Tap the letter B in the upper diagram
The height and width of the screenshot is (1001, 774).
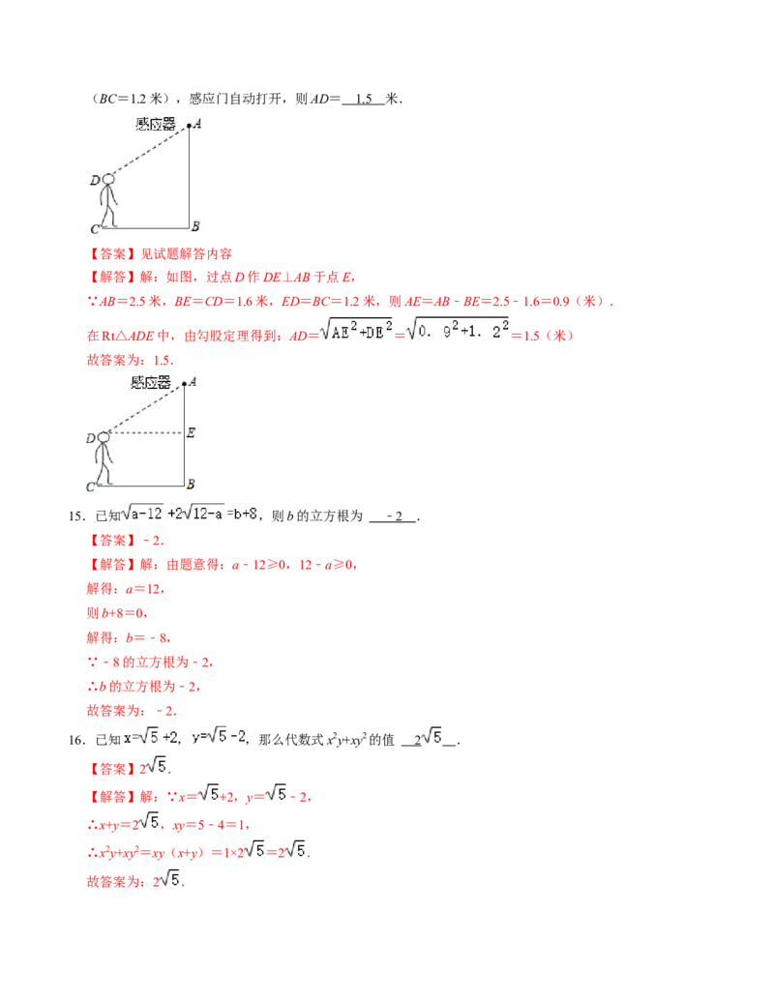coord(195,226)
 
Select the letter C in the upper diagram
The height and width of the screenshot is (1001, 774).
coord(93,229)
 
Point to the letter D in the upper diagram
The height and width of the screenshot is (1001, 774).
coord(94,180)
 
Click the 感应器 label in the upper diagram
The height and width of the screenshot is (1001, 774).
coord(155,123)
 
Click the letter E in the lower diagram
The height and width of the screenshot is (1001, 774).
coord(191,432)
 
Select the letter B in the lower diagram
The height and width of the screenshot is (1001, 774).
coord(191,484)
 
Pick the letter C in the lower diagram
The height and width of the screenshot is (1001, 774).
coord(91,486)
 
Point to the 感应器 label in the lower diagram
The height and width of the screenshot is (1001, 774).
coord(150,382)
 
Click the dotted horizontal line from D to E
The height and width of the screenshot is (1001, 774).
coord(145,432)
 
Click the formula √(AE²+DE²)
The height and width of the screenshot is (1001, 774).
coord(355,329)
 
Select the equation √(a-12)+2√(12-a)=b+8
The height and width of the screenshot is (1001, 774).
coord(190,514)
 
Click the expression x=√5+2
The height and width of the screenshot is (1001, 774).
coord(148,737)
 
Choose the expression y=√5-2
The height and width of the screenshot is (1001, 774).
coord(219,737)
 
